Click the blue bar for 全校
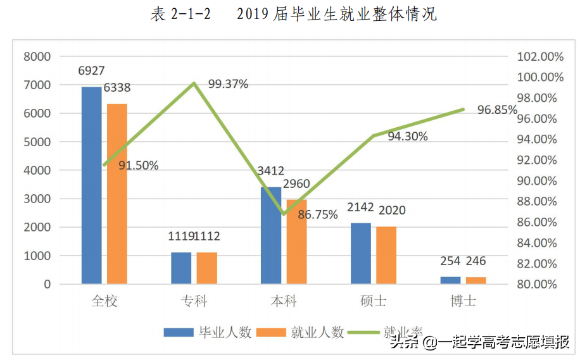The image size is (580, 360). point(91,185)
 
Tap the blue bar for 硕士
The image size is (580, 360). point(360,253)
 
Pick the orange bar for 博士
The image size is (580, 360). point(476,280)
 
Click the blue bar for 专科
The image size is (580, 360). point(181,268)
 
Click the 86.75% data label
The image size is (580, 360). point(318,214)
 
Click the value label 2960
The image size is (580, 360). point(297,184)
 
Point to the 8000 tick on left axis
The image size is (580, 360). point(37,56)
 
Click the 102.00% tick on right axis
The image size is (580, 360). point(540,56)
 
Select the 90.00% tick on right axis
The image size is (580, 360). point(540,181)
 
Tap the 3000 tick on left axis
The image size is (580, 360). point(37,199)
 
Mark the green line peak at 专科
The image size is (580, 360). point(194,83)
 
